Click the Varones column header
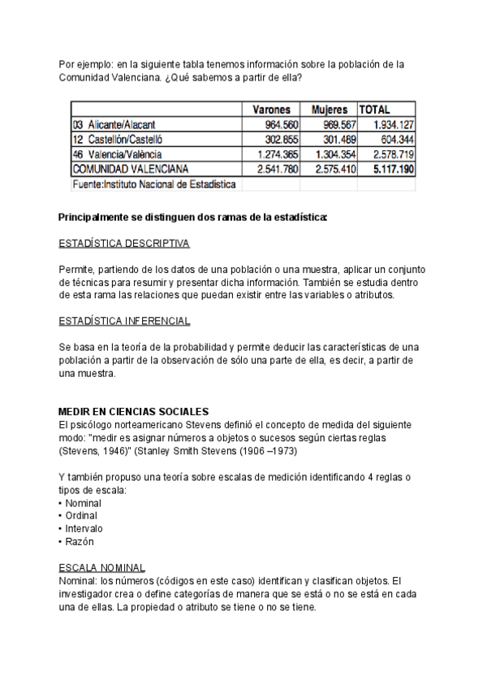point(271,110)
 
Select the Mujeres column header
point(329,110)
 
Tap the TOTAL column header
point(375,110)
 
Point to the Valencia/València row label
point(123,154)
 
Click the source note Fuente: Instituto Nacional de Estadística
point(154,184)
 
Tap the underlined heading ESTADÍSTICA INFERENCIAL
point(125,322)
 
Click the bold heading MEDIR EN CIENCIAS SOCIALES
point(135,412)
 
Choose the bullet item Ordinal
point(80,516)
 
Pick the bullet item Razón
point(79,541)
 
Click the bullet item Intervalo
point(83,528)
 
